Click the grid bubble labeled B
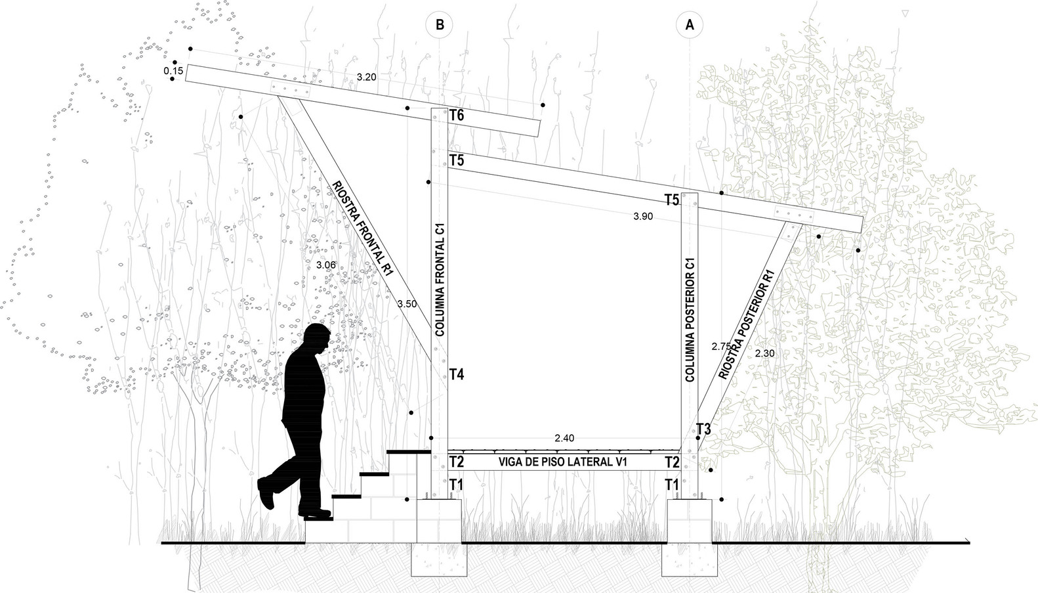pyautogui.click(x=440, y=25)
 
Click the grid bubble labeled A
pyautogui.click(x=690, y=25)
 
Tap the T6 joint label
pyautogui.click(x=457, y=116)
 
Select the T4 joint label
pyautogui.click(x=457, y=375)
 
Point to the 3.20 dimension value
pyautogui.click(x=366, y=77)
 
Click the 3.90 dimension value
pyautogui.click(x=643, y=217)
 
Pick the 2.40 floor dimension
pyautogui.click(x=564, y=438)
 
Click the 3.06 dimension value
pyautogui.click(x=325, y=265)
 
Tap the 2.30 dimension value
pyautogui.click(x=765, y=353)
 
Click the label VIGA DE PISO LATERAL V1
pyautogui.click(x=563, y=462)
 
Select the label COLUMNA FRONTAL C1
pyautogui.click(x=440, y=279)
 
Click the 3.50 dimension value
pyautogui.click(x=407, y=304)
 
